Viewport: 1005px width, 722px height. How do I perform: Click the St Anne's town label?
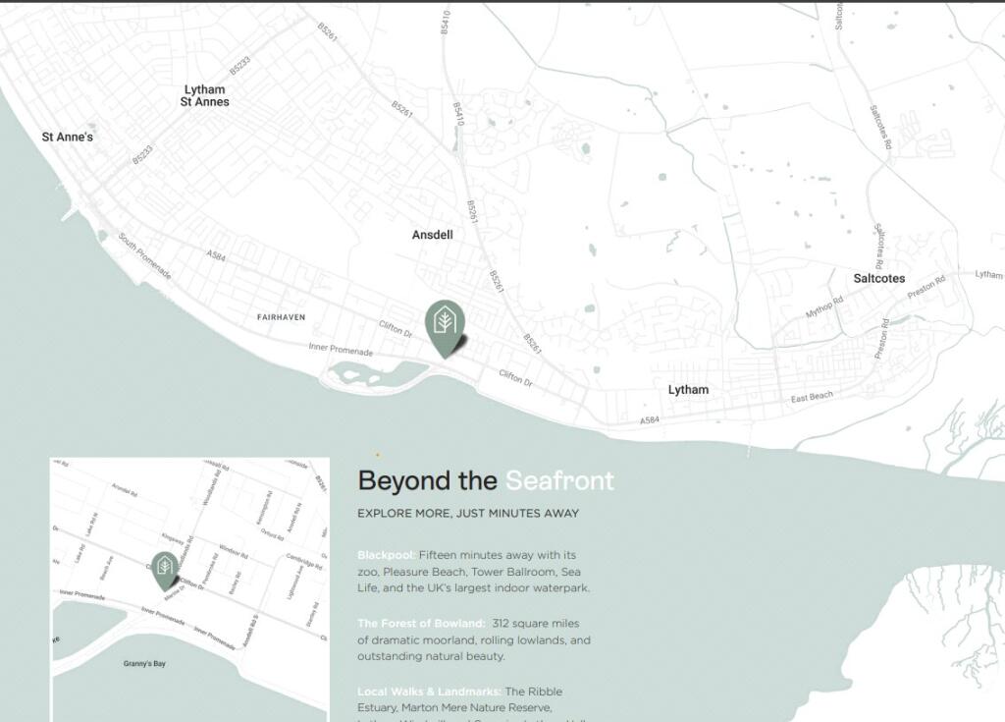pyautogui.click(x=67, y=138)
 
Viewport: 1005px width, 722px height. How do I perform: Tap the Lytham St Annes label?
pyautogui.click(x=204, y=96)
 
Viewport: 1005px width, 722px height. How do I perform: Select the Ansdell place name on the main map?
pyautogui.click(x=432, y=236)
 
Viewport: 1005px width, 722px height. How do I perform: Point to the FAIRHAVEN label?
pyautogui.click(x=281, y=317)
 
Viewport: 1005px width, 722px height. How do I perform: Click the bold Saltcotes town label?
pyautogui.click(x=878, y=279)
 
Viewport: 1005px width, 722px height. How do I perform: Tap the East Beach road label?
pyautogui.click(x=812, y=397)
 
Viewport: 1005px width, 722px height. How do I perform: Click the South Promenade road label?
pyautogui.click(x=144, y=255)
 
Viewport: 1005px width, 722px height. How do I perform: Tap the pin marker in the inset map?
pyautogui.click(x=165, y=569)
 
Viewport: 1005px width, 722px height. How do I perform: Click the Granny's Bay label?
pyautogui.click(x=144, y=664)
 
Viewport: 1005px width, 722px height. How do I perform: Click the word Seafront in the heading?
pyautogui.click(x=559, y=481)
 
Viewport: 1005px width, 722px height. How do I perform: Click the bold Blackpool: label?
pyautogui.click(x=386, y=555)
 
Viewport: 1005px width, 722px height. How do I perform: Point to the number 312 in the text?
pyautogui.click(x=502, y=624)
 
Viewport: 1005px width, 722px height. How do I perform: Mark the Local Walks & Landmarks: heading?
pyautogui.click(x=430, y=692)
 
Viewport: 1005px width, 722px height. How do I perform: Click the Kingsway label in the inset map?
pyautogui.click(x=173, y=539)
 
